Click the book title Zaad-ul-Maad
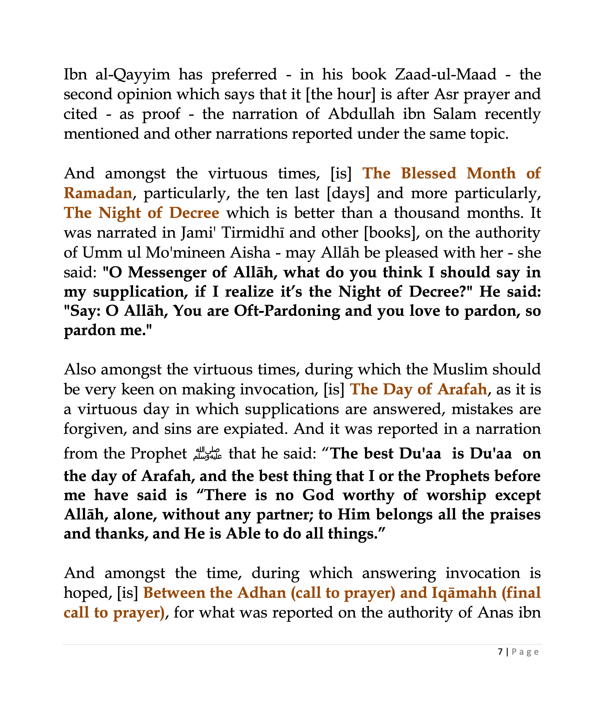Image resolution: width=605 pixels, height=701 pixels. pos(445,74)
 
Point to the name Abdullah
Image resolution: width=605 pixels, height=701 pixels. pos(361,114)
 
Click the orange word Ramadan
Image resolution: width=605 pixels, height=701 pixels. pos(98,193)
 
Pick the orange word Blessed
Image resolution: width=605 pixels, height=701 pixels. pos(428,173)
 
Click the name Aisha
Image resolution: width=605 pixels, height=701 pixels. pos(250,253)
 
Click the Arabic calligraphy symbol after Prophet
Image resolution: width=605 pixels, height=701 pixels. pos(207,454)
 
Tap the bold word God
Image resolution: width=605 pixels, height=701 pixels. pos(318,495)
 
